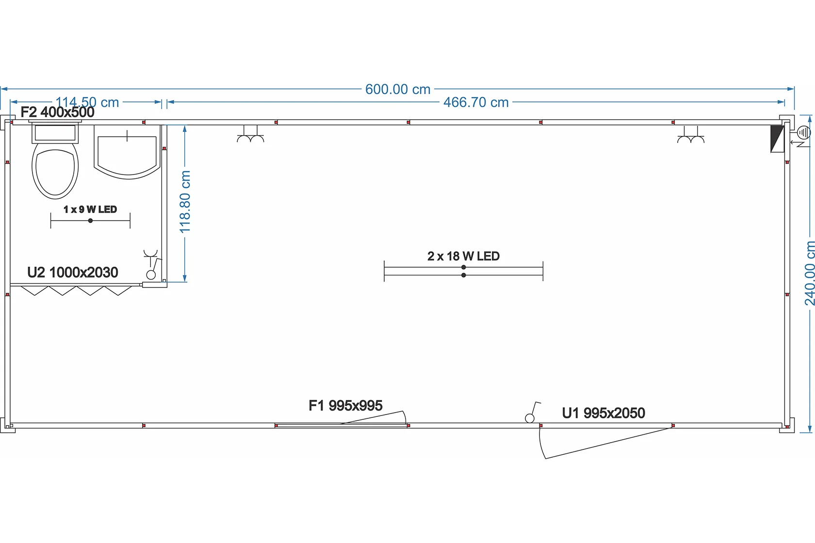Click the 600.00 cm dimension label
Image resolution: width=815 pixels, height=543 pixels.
click(x=398, y=90)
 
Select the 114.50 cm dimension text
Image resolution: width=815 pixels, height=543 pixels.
click(x=87, y=102)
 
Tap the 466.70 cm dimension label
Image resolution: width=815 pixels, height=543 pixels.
click(x=476, y=103)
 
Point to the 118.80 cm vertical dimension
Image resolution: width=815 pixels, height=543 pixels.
click(x=185, y=202)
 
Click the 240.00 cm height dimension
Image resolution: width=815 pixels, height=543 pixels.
click(x=809, y=273)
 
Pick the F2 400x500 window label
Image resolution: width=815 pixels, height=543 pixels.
click(x=57, y=112)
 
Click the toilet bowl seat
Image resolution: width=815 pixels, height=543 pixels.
click(x=55, y=171)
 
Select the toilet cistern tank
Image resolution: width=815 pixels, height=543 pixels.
click(x=55, y=133)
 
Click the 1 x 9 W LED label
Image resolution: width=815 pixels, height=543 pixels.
click(x=90, y=209)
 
